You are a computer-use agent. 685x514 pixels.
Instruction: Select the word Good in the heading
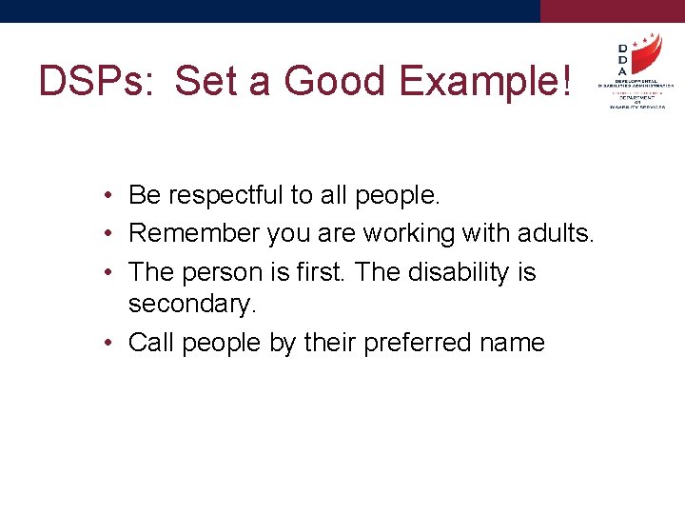(x=336, y=81)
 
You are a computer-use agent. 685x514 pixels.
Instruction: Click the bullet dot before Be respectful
(x=111, y=196)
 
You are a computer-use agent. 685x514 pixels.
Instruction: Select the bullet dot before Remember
(x=111, y=233)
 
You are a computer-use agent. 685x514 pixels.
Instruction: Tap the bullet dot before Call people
(x=111, y=343)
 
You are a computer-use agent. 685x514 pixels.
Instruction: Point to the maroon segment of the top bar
(x=613, y=10)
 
